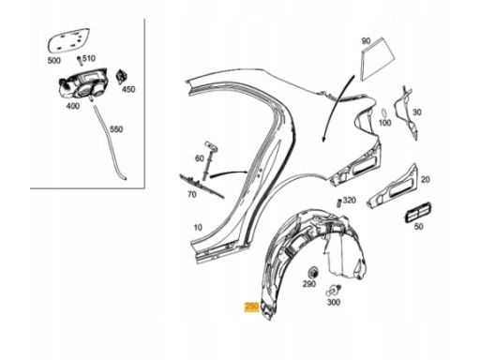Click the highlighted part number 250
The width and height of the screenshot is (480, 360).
252,307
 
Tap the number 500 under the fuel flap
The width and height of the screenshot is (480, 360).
53,60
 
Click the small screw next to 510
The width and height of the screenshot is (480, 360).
80,60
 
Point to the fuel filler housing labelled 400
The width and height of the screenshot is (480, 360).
83,83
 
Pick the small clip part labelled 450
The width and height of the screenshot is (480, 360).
121,77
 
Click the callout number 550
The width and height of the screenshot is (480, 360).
116,129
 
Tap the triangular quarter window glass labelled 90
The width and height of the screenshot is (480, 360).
378,59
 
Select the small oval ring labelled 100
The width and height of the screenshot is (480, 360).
384,112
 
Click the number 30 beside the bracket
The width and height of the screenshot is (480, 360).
417,112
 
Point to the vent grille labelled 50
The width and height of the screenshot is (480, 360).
418,212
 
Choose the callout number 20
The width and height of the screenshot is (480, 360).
425,179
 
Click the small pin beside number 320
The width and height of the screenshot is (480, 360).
338,202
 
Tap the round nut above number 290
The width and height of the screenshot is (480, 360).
313,273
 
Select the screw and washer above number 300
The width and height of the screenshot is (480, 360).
333,291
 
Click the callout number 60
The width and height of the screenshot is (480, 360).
200,158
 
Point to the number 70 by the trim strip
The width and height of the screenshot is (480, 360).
192,194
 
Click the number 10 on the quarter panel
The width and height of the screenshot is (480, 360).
198,227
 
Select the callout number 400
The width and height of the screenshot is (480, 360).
73,106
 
